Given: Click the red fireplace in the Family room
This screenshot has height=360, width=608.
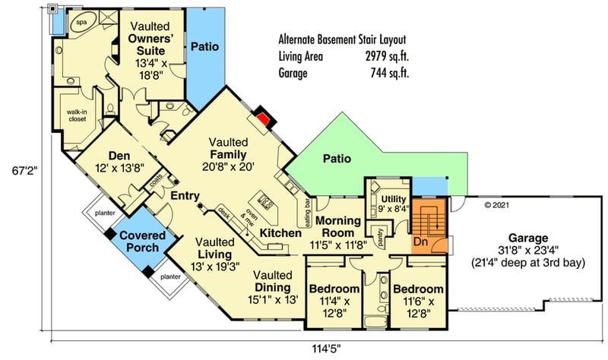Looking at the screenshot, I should pos(262,118).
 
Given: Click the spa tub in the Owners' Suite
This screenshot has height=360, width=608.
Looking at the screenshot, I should pos(78,24).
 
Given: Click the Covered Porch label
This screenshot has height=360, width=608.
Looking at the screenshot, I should pos(138,242).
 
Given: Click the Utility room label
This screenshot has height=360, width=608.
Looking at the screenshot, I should pos(392,199).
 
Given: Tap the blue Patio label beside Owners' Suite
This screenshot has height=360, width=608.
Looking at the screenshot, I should pos(205,46).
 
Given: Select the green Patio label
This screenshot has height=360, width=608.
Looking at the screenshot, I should pos(337,159).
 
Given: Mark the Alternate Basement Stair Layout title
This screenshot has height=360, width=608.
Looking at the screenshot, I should pos(342,39).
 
